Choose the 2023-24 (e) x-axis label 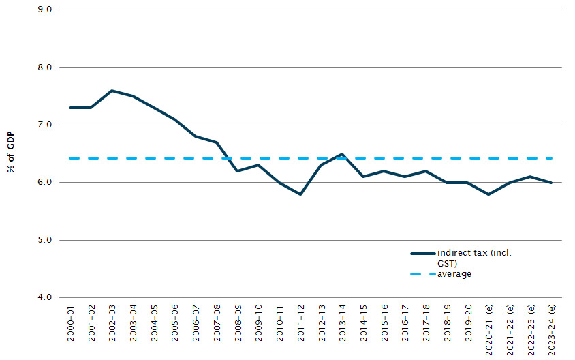pos(551,329)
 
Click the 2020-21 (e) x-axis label pos(488,329)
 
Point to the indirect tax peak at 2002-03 pos(112,91)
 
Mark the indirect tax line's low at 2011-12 pos(300,194)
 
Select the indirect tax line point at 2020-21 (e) pos(488,194)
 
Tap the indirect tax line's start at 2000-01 pos(70,108)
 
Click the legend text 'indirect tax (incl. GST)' pos(475,258)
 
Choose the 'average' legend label pos(454,274)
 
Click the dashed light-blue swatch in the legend pos(422,274)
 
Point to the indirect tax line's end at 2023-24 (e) pos(551,183)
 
